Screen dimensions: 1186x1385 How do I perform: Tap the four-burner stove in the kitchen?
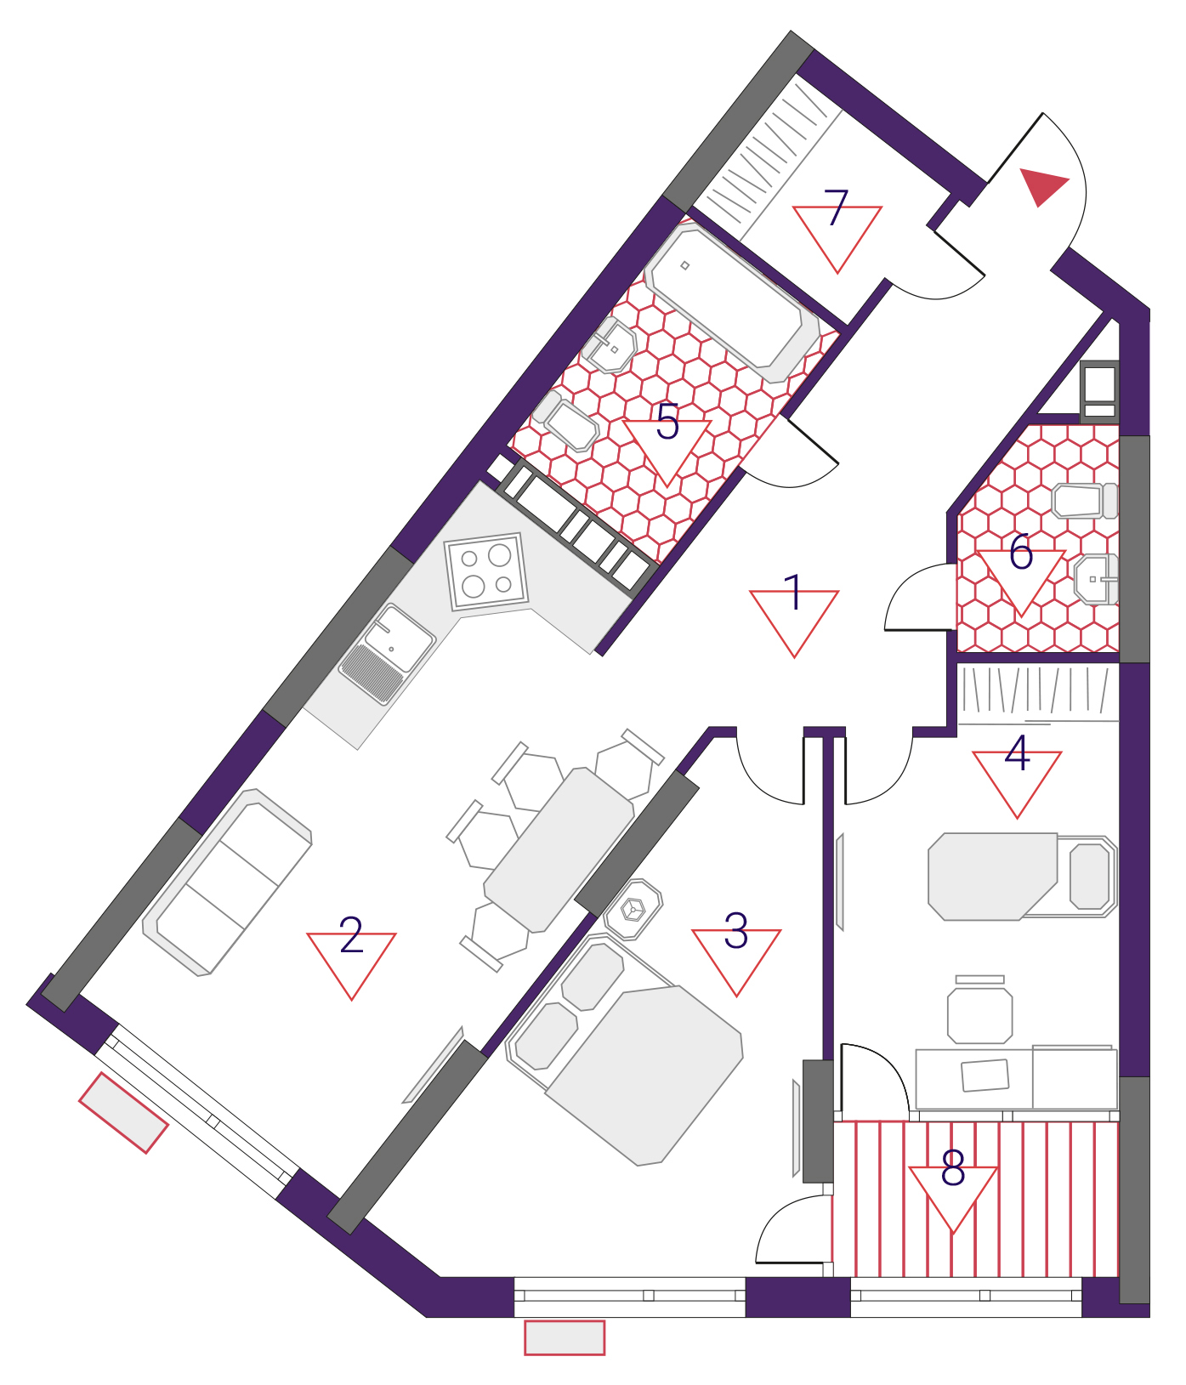click(486, 571)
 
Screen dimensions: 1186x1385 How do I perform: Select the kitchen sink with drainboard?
click(388, 653)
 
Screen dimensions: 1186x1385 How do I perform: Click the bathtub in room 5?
click(732, 303)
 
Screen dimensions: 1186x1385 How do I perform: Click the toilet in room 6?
click(1085, 501)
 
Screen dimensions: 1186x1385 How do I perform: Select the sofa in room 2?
click(227, 882)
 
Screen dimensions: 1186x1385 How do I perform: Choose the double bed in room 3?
click(625, 1049)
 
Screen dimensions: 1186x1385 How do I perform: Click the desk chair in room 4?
click(980, 1011)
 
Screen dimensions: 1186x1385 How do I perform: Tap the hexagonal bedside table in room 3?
click(633, 909)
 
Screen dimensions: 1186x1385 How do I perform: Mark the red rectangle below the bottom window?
click(565, 1337)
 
